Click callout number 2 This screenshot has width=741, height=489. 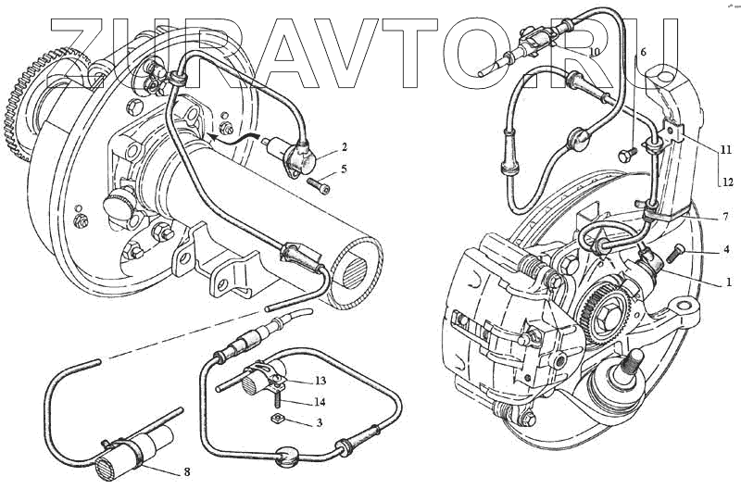click(x=344, y=147)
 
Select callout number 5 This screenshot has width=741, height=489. click(x=344, y=169)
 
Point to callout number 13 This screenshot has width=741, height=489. click(x=320, y=382)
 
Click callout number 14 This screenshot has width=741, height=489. click(x=320, y=403)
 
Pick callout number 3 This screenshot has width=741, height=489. click(x=319, y=423)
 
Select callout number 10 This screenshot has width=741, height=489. click(x=594, y=53)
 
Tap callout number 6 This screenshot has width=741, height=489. click(x=643, y=53)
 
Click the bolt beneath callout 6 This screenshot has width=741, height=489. click(x=627, y=154)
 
